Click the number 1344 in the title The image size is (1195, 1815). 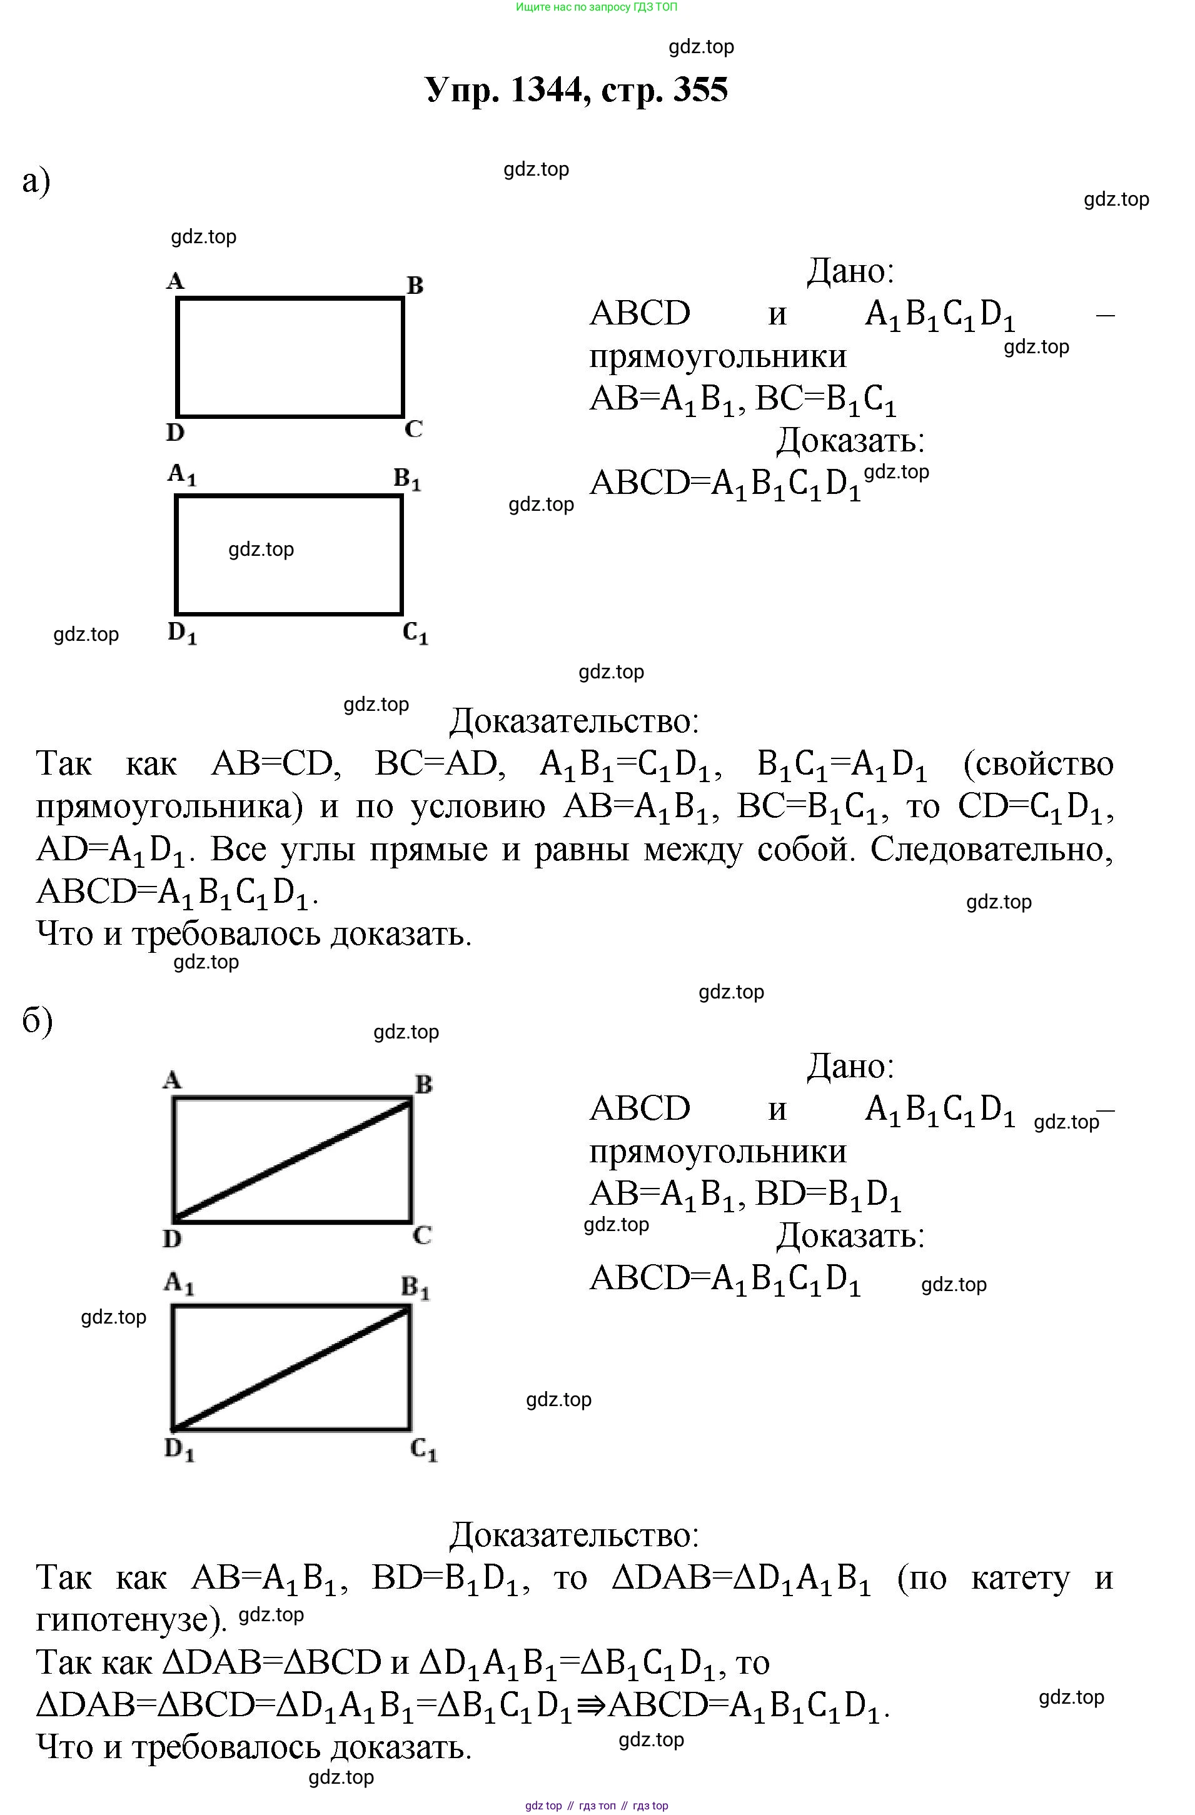546,90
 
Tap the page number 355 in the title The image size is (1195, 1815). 700,90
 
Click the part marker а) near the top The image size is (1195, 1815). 36,181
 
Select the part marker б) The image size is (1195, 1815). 38,1020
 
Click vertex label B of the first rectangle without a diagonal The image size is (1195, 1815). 415,285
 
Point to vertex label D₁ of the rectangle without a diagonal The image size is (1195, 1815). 182,633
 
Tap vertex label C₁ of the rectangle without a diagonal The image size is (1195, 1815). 415,633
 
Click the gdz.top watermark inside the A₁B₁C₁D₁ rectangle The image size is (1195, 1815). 261,549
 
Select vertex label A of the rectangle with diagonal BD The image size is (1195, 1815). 173,1080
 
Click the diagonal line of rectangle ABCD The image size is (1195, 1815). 292,1160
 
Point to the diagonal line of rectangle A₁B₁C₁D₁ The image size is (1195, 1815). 291,1367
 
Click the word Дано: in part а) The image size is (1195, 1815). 850,271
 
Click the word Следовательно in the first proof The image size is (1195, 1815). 991,849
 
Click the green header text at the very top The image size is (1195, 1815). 597,7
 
